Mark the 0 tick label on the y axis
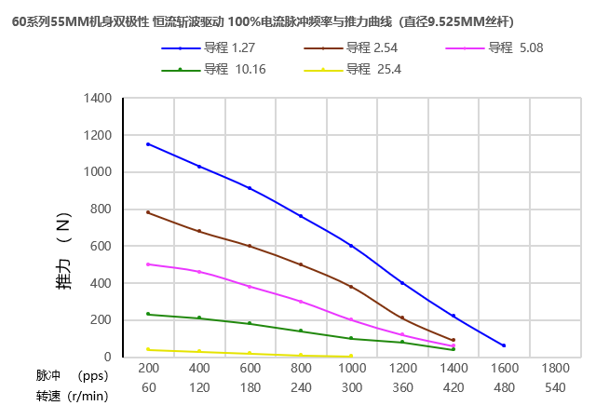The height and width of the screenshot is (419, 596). [x=107, y=357]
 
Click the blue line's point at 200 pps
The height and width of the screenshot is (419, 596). [x=148, y=144]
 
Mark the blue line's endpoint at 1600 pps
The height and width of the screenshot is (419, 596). [x=504, y=345]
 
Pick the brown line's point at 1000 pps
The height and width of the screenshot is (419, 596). [x=351, y=287]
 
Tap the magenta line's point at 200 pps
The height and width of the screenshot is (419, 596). [x=148, y=264]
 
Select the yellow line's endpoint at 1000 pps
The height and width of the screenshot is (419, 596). [x=351, y=356]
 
